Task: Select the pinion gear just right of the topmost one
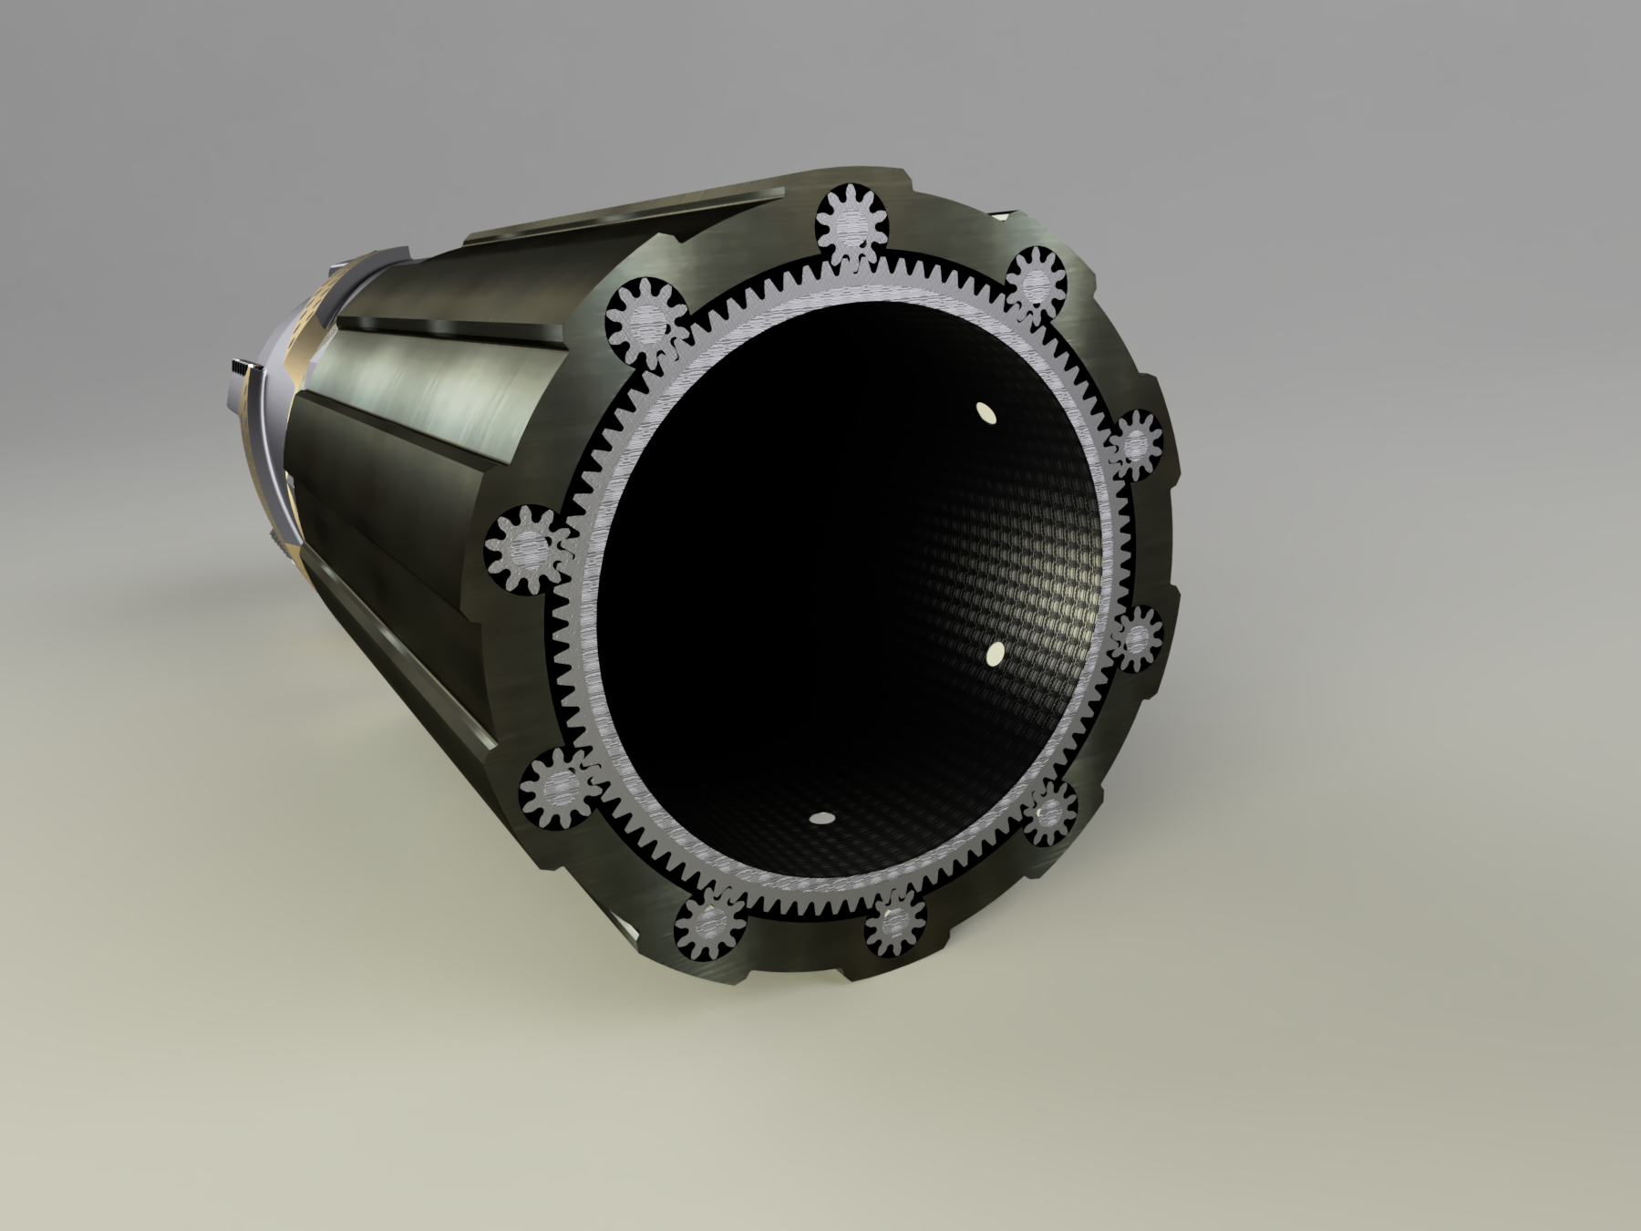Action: [1037, 281]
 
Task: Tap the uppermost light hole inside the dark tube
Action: [985, 412]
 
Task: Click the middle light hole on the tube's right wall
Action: [995, 653]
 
